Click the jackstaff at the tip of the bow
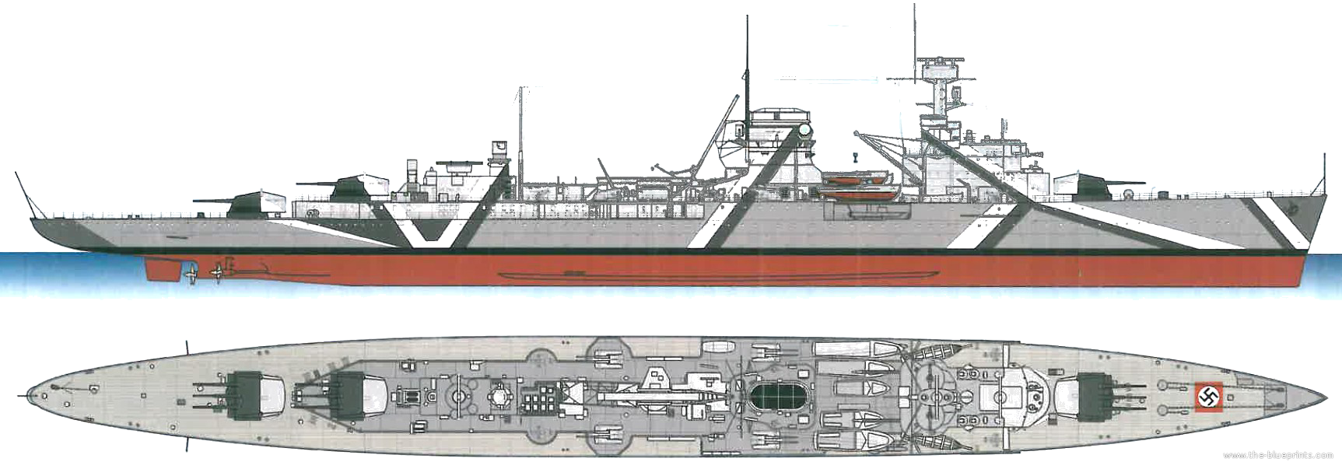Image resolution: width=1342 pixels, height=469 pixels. (x=1320, y=175)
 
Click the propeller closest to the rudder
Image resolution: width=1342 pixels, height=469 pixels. (x=191, y=273)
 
